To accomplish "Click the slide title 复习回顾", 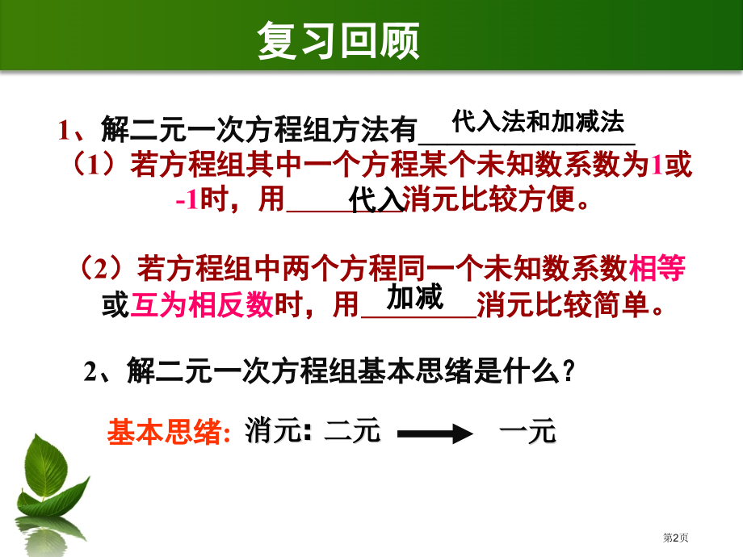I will (x=338, y=41).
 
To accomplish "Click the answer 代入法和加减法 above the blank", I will (x=538, y=123).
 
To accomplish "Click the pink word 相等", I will (x=657, y=268).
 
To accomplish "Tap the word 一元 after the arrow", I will (x=528, y=433).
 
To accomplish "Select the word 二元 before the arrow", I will (x=352, y=433).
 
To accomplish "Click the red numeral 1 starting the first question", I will (x=65, y=130).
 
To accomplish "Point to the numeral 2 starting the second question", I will (x=91, y=372).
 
